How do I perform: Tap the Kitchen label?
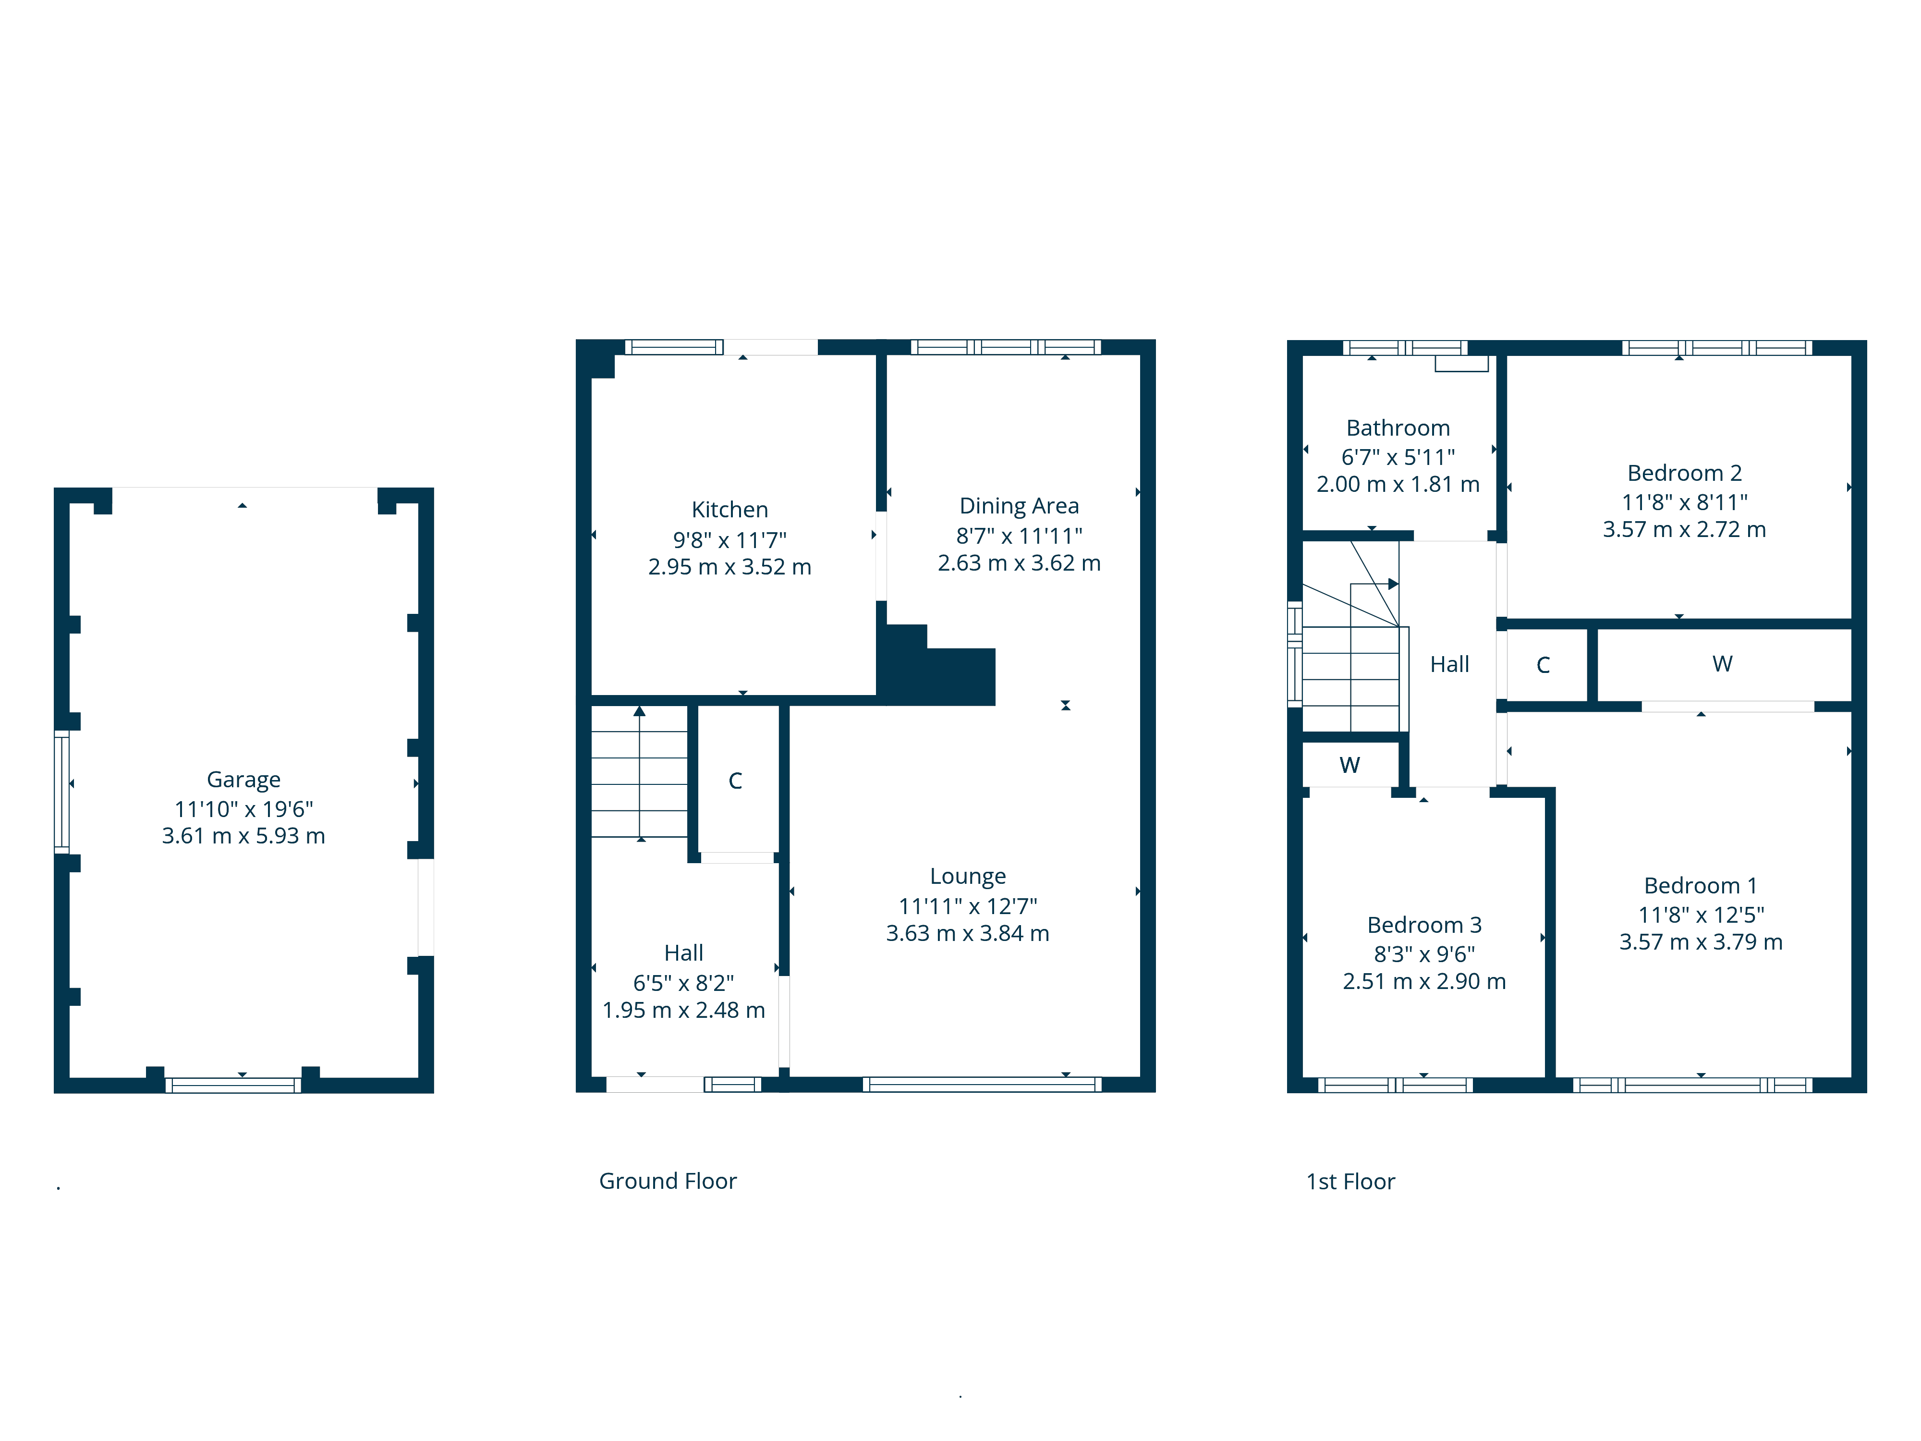point(729,509)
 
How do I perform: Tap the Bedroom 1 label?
point(1701,885)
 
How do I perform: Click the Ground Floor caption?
point(668,1181)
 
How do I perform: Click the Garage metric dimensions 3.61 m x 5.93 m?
point(243,836)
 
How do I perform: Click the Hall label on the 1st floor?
point(1449,664)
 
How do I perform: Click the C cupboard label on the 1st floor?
point(1543,665)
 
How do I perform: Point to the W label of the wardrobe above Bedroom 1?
point(1722,664)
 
